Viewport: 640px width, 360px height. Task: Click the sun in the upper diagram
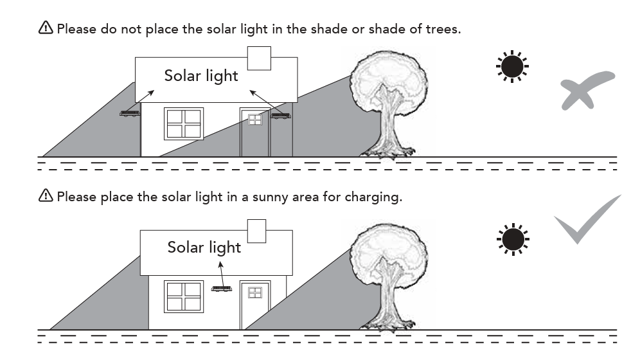512,67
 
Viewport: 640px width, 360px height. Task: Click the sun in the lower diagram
512,239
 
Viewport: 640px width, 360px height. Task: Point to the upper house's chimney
259,58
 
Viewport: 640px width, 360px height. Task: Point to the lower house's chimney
256,231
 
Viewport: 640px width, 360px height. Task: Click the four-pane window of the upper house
184,123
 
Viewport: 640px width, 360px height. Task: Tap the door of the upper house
255,134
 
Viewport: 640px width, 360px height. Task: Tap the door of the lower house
255,305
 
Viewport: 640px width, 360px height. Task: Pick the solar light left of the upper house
130,114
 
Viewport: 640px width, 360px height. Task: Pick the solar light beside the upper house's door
280,116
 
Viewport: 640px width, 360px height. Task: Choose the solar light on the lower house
222,288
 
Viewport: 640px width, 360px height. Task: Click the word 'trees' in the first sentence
443,29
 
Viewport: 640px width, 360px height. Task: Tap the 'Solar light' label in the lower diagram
204,247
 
